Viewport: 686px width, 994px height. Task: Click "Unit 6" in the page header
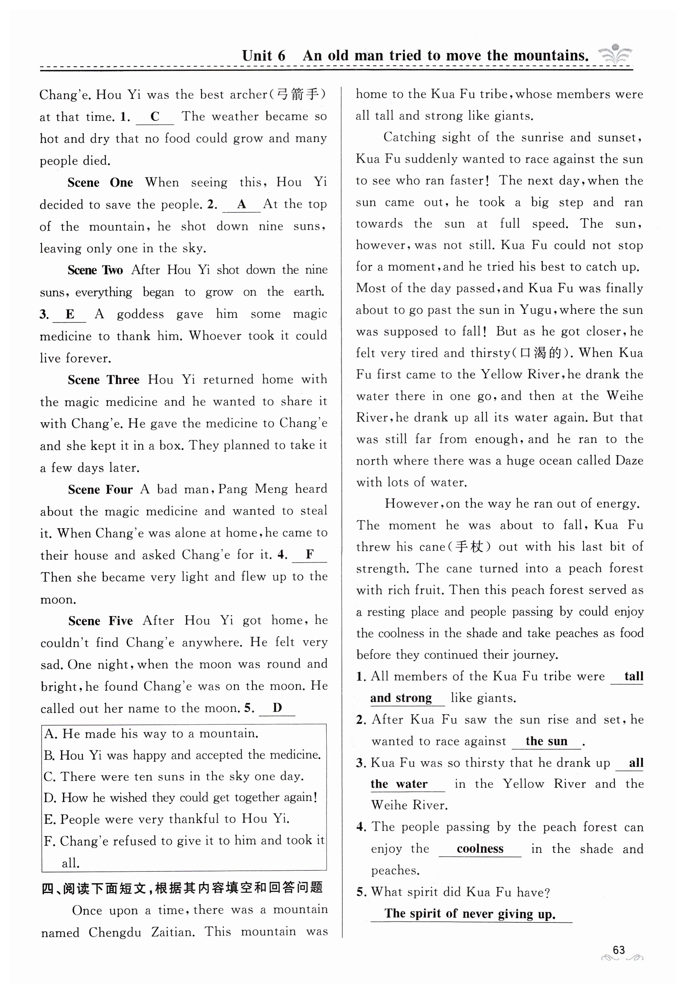point(263,56)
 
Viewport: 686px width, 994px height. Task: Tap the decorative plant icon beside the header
point(615,54)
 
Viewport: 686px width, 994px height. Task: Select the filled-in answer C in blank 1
point(155,116)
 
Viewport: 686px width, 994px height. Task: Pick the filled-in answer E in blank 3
point(70,314)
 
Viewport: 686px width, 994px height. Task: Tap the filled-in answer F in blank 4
point(309,554)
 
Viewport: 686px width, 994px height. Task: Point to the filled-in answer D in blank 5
point(277,707)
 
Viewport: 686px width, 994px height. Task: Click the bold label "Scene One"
point(100,182)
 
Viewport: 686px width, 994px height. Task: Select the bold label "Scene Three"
point(104,380)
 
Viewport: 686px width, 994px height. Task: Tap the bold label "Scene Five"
point(101,621)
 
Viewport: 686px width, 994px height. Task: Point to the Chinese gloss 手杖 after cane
point(467,547)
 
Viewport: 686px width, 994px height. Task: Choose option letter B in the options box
point(48,755)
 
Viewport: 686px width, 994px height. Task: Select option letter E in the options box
point(48,819)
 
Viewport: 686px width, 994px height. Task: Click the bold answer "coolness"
point(480,849)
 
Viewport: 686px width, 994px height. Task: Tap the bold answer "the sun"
point(546,741)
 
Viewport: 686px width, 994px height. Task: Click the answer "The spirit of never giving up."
point(470,913)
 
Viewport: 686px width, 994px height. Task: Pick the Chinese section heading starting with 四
point(182,888)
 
